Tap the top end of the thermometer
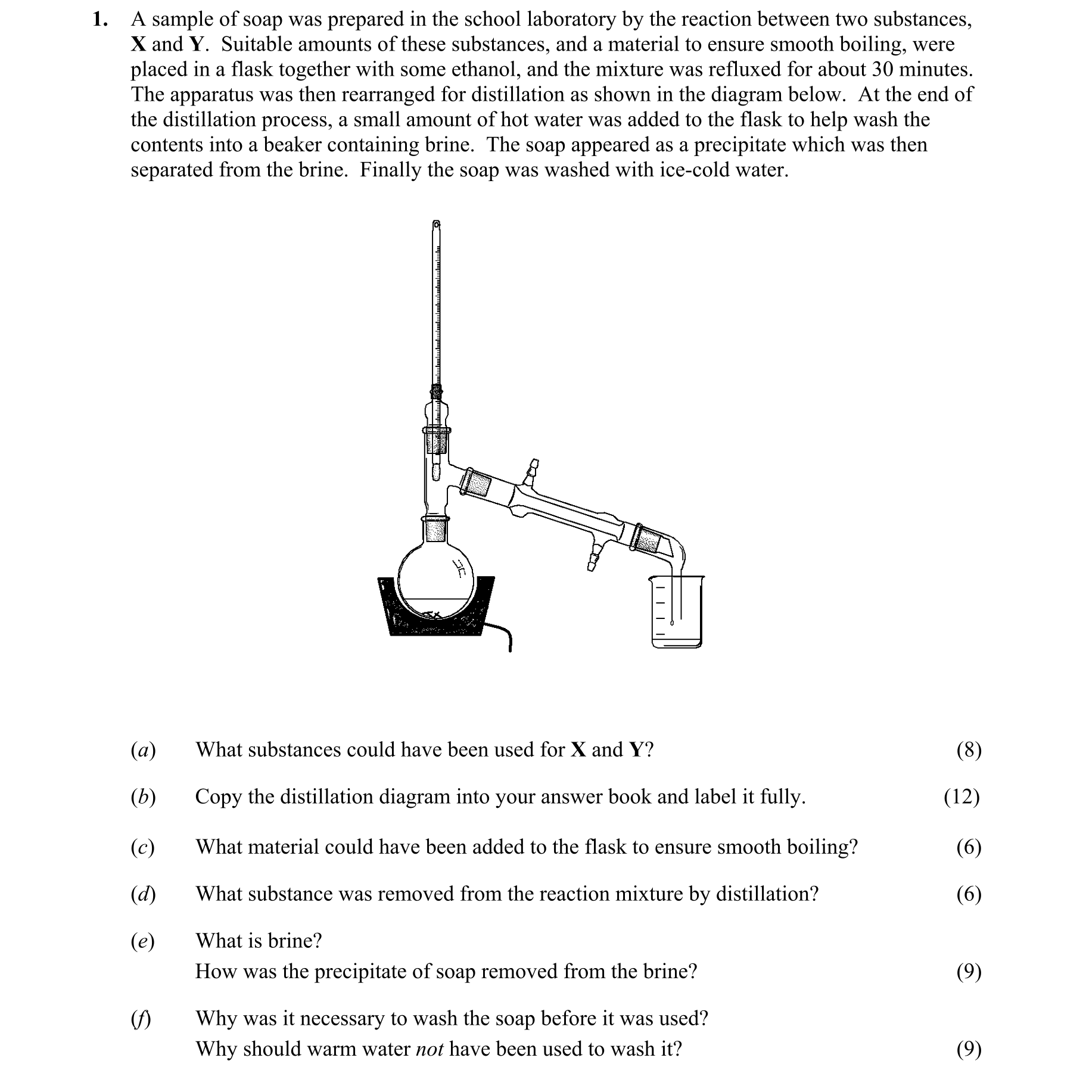click(437, 225)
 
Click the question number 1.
click(99, 20)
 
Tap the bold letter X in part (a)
click(578, 749)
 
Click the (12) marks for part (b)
click(961, 797)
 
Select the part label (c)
click(143, 847)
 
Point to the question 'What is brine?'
click(259, 941)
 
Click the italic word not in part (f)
click(429, 1049)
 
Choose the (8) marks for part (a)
click(969, 749)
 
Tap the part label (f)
click(141, 1019)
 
